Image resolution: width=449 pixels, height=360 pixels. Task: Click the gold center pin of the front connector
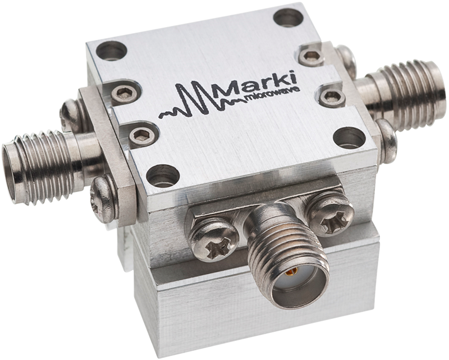click(x=290, y=273)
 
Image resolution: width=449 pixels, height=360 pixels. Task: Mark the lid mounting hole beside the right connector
click(x=349, y=137)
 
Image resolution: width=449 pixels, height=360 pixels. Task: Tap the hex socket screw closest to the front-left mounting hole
click(x=142, y=135)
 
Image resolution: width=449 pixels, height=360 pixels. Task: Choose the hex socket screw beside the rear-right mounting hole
click(x=311, y=56)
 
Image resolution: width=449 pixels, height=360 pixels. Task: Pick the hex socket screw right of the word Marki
click(x=332, y=96)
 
